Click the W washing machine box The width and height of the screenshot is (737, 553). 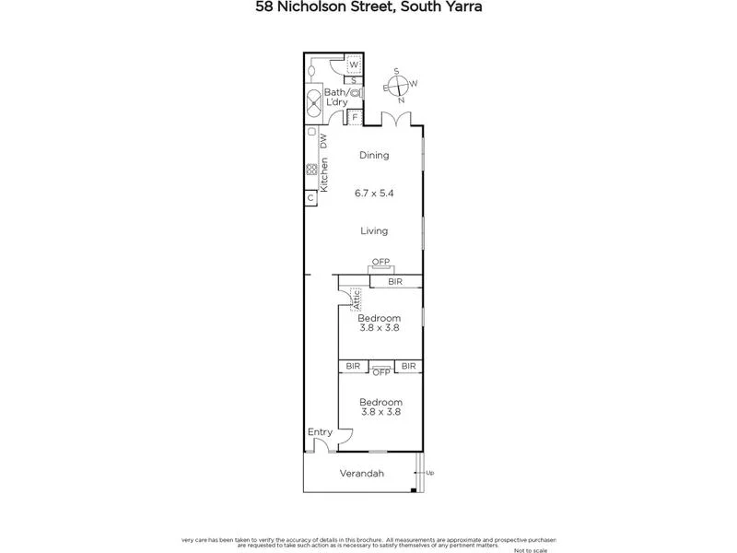(353, 65)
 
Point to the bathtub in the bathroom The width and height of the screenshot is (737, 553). (314, 101)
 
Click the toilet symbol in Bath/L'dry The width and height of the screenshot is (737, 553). (356, 93)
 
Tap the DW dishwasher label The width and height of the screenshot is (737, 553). (323, 141)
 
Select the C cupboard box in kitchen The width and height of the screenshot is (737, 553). (310, 198)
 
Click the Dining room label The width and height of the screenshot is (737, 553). (374, 156)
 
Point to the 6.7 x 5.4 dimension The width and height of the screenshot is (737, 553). (374, 194)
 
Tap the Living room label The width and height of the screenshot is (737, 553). (374, 230)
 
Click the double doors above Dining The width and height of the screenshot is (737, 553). (400, 120)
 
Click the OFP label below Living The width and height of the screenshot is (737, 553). (380, 262)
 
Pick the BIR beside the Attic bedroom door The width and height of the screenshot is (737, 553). (395, 280)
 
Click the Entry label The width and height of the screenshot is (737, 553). (320, 431)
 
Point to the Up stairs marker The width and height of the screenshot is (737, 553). (428, 473)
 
